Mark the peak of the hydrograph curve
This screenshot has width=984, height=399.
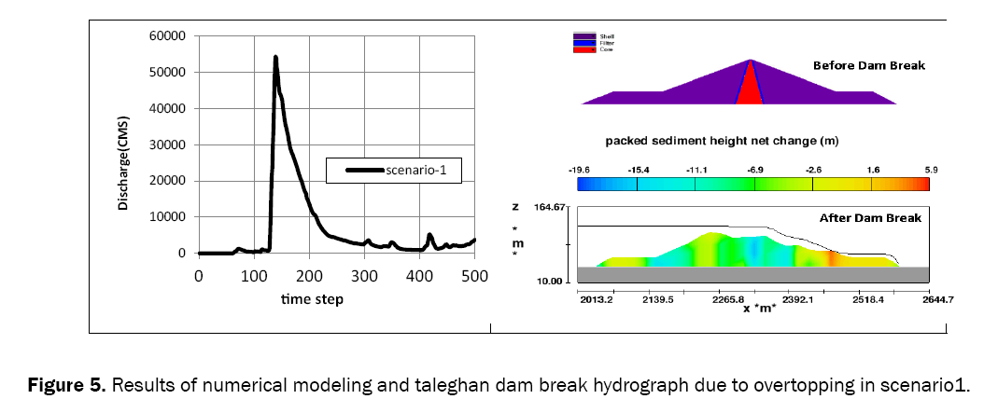tap(275, 57)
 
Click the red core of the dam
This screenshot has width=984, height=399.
tap(750, 89)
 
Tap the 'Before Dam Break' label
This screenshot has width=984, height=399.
tap(856, 66)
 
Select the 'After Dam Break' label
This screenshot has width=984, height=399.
tap(870, 217)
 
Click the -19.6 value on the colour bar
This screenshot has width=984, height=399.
tap(579, 171)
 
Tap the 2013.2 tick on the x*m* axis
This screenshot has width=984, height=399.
tap(596, 300)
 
